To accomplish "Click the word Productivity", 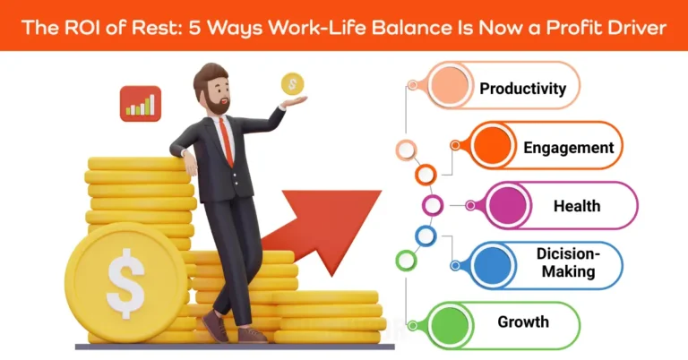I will point(522,89).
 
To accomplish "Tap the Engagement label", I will point(569,148).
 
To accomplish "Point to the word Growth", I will point(524,321).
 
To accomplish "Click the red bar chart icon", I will point(140,104).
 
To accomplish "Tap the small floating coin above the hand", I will point(291,84).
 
